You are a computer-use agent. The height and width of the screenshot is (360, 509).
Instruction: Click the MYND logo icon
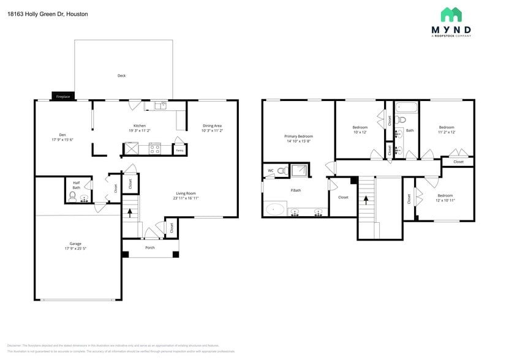[451, 15]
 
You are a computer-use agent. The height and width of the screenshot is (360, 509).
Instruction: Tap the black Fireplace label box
[62, 97]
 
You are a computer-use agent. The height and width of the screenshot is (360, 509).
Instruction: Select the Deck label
[121, 76]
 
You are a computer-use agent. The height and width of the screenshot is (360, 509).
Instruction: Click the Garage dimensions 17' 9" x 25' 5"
[75, 249]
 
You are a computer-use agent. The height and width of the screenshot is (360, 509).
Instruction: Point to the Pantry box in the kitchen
[179, 149]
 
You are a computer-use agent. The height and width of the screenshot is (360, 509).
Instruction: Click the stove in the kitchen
[155, 148]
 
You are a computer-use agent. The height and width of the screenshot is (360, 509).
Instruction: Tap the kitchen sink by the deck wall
[160, 106]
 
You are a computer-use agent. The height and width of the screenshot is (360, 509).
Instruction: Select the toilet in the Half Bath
[73, 197]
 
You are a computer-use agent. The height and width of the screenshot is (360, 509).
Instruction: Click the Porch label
[149, 247]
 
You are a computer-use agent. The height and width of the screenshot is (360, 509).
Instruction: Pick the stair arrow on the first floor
[130, 213]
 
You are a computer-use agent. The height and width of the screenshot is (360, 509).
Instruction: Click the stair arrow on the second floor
[366, 199]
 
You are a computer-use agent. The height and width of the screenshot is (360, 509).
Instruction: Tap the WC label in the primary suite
[270, 171]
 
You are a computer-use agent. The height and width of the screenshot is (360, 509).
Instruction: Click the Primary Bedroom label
[298, 136]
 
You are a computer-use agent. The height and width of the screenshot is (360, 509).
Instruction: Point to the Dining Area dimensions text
[212, 130]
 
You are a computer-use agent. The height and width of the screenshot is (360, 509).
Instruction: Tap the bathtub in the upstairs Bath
[405, 108]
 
